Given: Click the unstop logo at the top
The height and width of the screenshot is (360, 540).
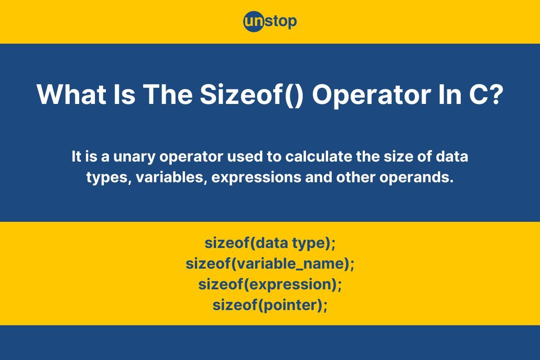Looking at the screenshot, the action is tap(270, 22).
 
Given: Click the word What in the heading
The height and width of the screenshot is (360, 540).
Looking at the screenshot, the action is tap(72, 94).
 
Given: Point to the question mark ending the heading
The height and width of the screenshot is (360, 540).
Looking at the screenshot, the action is tap(497, 94).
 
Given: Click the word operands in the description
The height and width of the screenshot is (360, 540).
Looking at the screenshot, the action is tap(417, 178).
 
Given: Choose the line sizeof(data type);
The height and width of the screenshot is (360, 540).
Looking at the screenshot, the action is tap(270, 243).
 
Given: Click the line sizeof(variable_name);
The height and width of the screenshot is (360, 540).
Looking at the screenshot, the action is tap(270, 264).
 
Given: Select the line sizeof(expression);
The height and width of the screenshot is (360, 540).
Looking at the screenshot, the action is tap(270, 285).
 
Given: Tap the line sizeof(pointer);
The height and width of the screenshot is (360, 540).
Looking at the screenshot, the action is tap(270, 306).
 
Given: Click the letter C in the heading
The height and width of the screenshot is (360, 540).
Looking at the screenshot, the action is tap(478, 94).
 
